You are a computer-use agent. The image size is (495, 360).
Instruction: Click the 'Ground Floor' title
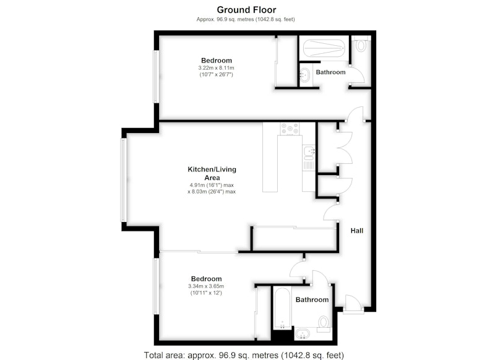coord(246,10)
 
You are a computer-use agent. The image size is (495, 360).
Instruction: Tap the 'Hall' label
coord(357,231)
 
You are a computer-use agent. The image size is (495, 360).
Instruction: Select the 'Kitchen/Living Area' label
coord(212,174)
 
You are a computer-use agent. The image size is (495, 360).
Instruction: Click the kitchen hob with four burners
coord(290,129)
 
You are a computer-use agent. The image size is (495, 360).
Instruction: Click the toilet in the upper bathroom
coord(361,43)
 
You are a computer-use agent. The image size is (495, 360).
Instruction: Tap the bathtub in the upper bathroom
coord(324,48)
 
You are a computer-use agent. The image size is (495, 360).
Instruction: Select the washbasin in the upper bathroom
coord(304,75)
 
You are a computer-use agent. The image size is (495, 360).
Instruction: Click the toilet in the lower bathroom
coord(323,324)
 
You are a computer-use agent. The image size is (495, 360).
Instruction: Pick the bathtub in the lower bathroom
coord(282,308)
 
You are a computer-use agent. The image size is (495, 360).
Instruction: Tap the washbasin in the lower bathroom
coord(302,333)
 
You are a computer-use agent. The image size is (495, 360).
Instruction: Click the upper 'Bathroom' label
coord(330,72)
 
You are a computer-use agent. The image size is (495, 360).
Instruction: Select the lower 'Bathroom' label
coord(312,299)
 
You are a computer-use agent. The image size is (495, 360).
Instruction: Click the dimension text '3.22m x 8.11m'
coord(216,68)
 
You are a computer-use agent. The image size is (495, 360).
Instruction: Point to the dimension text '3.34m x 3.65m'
coord(206,286)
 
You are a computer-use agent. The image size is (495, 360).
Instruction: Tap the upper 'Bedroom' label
coord(217,60)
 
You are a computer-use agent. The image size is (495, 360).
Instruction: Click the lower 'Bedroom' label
coord(207,278)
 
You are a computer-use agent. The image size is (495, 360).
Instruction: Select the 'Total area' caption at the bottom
coord(244,355)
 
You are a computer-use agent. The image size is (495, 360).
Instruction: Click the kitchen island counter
coord(270,157)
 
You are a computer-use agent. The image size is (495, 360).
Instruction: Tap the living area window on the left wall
coord(123,180)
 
